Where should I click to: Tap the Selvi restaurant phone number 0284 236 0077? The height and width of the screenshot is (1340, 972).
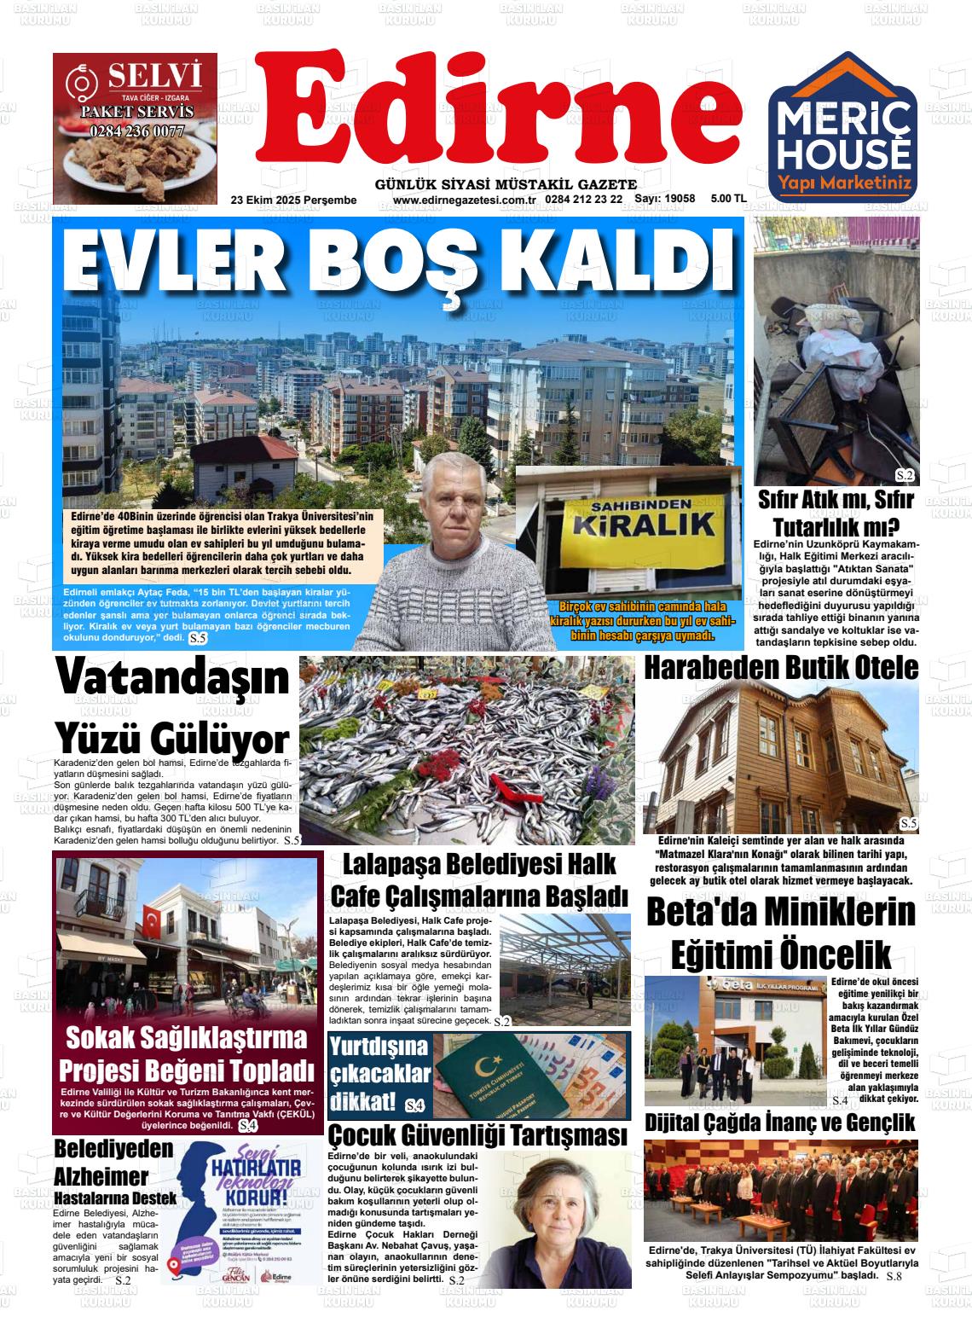tap(136, 131)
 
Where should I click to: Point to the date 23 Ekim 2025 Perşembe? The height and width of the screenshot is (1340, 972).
tap(293, 200)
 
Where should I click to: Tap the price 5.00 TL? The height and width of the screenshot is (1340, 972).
tap(728, 199)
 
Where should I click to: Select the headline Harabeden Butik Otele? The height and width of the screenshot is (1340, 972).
tap(781, 668)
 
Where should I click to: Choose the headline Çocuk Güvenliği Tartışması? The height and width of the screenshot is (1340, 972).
tap(478, 1135)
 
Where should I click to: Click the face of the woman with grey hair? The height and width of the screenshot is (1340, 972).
tap(558, 1211)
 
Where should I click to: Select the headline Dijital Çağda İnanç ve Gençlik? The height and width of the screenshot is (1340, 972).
tap(780, 1122)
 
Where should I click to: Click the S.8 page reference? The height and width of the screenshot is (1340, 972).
tap(894, 1276)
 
